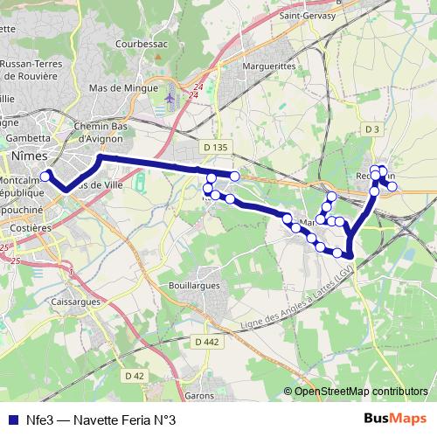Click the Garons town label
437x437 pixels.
(x=200, y=396)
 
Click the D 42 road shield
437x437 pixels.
(x=134, y=376)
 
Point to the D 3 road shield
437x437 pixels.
(x=373, y=129)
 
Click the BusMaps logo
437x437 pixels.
(x=394, y=419)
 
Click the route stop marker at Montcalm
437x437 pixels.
(x=45, y=176)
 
